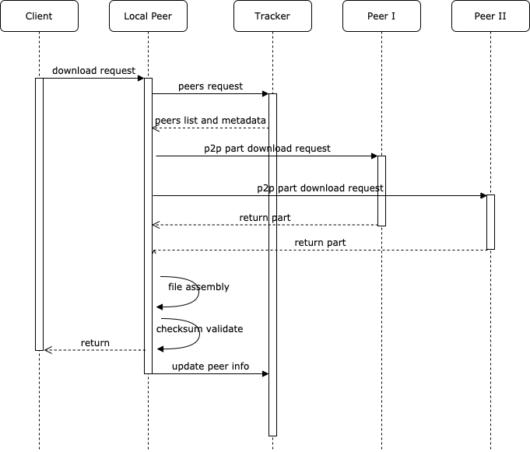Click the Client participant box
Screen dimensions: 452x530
pos(39,16)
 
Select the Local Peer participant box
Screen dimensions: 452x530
pos(148,16)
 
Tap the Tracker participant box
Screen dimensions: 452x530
pos(272,16)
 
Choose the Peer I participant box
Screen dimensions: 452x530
pos(381,16)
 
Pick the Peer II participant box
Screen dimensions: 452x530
pos(490,16)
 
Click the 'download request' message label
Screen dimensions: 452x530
pos(93,71)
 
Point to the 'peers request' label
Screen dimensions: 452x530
pos(210,86)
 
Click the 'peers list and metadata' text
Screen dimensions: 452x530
pos(210,121)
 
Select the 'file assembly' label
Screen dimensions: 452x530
pos(198,287)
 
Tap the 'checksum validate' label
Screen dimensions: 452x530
pos(199,329)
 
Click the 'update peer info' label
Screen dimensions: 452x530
pos(210,366)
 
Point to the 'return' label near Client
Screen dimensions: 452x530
pos(95,342)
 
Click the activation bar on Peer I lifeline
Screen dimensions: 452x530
pos(381,191)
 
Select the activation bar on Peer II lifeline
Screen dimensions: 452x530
pos(490,222)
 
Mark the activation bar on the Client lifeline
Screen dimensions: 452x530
pos(39,214)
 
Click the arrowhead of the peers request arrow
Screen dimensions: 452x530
pos(265,94)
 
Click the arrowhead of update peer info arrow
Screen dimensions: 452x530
pos(265,374)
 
